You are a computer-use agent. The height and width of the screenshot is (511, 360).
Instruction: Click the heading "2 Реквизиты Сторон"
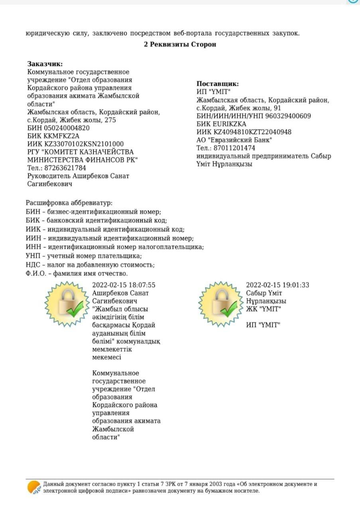tap(180, 44)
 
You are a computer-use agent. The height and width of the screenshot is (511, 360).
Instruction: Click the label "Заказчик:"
tap(45, 64)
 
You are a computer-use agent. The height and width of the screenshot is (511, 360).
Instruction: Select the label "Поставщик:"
tap(218, 84)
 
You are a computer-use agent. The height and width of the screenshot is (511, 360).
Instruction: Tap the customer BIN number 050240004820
tap(66, 128)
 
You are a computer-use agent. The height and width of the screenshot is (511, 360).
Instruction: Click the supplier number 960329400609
tap(287, 116)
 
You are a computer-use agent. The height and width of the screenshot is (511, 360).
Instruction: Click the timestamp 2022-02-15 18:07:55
tap(124, 285)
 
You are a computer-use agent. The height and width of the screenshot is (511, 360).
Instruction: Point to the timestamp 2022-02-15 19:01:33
tap(277, 285)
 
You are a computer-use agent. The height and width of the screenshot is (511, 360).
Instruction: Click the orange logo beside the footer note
tap(34, 487)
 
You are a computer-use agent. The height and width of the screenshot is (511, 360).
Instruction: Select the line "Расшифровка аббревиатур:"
tap(69, 203)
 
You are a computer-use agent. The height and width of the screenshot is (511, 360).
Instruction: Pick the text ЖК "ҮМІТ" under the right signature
tap(264, 309)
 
